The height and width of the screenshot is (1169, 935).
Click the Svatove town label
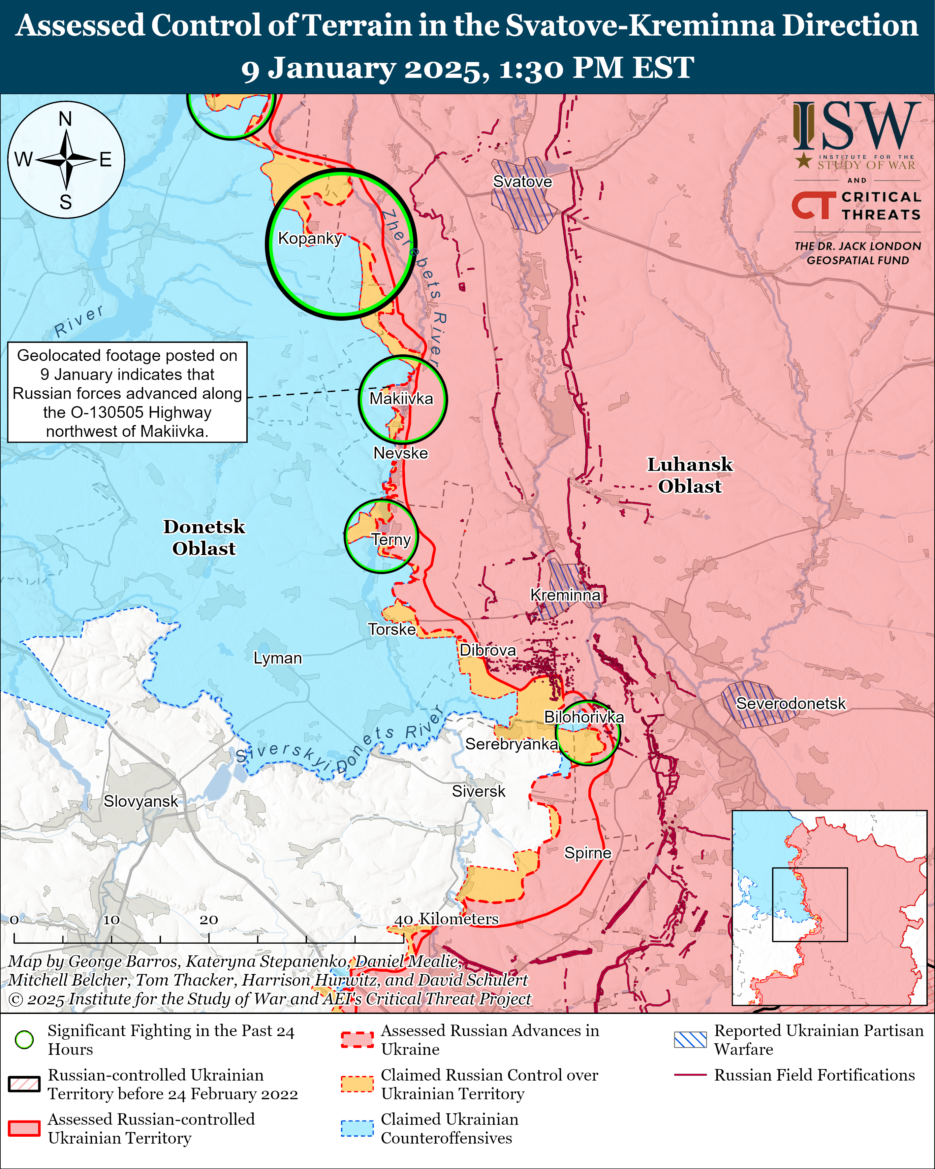pyautogui.click(x=522, y=182)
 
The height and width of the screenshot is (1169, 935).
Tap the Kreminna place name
pyautogui.click(x=565, y=595)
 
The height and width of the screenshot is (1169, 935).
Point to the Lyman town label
pyautogui.click(x=277, y=658)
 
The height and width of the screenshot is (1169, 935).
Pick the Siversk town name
pyautogui.click(x=479, y=791)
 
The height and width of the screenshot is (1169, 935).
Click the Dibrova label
pyautogui.click(x=488, y=650)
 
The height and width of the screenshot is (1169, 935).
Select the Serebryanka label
pyautogui.click(x=512, y=744)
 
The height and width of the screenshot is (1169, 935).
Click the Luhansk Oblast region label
pyautogui.click(x=690, y=475)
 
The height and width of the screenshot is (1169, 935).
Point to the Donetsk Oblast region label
pyautogui.click(x=204, y=537)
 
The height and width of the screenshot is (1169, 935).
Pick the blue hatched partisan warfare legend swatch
pyautogui.click(x=690, y=1039)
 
